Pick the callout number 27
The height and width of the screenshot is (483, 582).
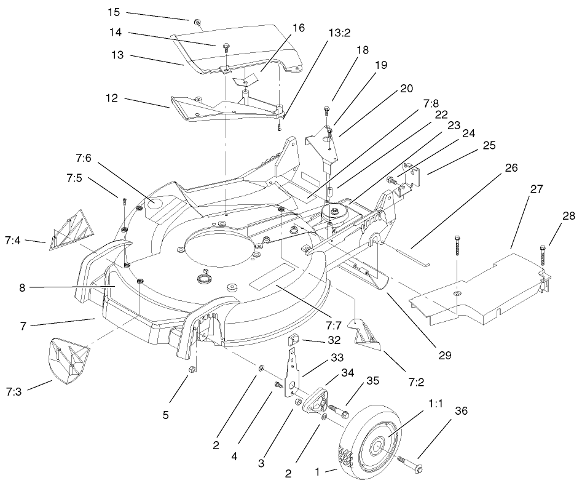536,189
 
